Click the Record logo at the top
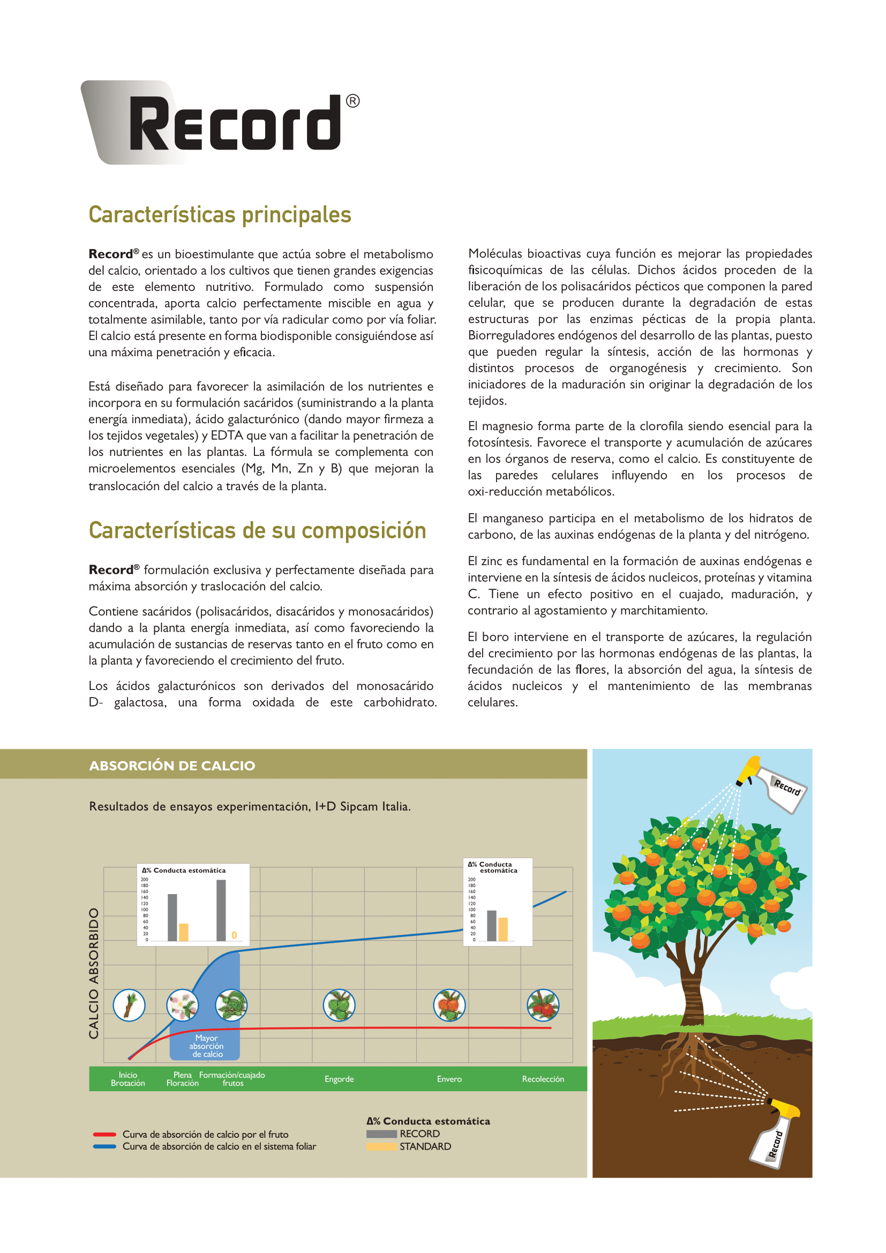(x=220, y=123)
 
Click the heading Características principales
(x=220, y=214)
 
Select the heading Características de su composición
(x=258, y=530)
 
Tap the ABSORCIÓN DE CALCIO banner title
(x=172, y=766)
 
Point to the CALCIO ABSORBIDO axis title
(x=94, y=973)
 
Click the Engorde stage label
(x=339, y=1079)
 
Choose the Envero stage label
(x=449, y=1079)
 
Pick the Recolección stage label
(x=543, y=1079)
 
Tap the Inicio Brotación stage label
(x=127, y=1079)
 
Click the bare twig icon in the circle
(x=129, y=1004)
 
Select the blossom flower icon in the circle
(x=182, y=1004)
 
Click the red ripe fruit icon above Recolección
(x=543, y=1004)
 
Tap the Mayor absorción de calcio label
(x=206, y=1046)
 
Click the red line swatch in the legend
(x=104, y=1135)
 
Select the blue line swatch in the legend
(x=104, y=1146)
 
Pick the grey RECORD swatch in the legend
(x=381, y=1134)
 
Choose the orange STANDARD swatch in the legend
(x=381, y=1146)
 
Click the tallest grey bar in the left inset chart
(x=221, y=910)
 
